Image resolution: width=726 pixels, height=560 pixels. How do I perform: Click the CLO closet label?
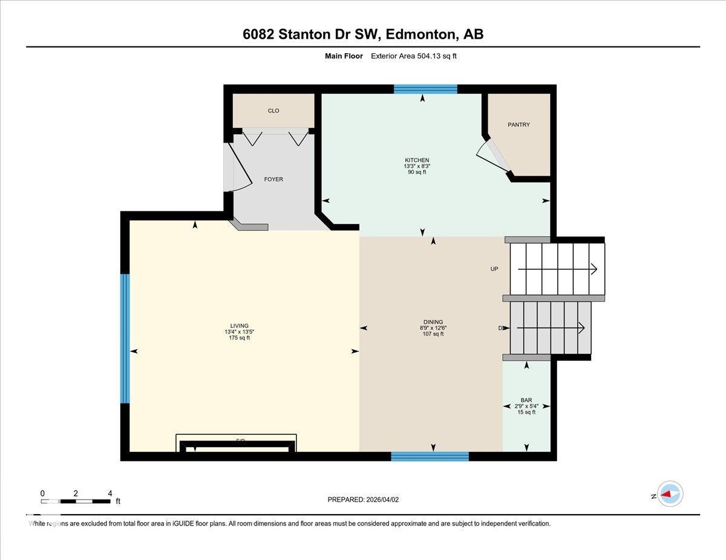pyautogui.click(x=273, y=111)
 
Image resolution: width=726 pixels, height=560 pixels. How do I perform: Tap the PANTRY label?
pyautogui.click(x=518, y=124)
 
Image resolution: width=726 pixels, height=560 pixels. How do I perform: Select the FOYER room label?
pyautogui.click(x=273, y=179)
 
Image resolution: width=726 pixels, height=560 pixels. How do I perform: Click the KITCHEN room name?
pyautogui.click(x=417, y=160)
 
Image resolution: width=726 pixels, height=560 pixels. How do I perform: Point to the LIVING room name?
pyautogui.click(x=239, y=326)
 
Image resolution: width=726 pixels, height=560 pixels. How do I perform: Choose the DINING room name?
pyautogui.click(x=433, y=322)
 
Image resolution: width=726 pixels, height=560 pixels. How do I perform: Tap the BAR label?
pyautogui.click(x=526, y=400)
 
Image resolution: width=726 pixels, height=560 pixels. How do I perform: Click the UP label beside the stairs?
pyautogui.click(x=494, y=269)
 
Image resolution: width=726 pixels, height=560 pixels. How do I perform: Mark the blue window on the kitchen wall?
pyautogui.click(x=425, y=89)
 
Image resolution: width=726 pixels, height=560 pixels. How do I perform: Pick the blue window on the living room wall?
pyautogui.click(x=125, y=338)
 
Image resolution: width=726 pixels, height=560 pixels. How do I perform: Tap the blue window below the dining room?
pyautogui.click(x=430, y=456)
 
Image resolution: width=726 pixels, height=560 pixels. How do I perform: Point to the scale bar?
pyautogui.click(x=76, y=501)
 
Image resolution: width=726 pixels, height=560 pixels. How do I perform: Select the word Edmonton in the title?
pyautogui.click(x=420, y=34)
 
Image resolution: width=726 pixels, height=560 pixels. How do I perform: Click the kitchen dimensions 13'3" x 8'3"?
pyautogui.click(x=417, y=166)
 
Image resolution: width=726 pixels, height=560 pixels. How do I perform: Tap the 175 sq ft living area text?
pyautogui.click(x=239, y=338)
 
